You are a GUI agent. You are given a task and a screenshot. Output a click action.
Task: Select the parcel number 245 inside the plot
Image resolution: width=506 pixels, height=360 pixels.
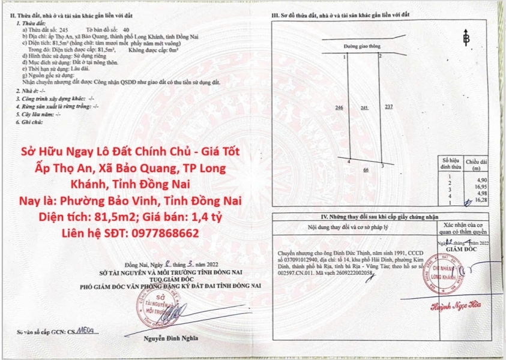(x=364, y=107)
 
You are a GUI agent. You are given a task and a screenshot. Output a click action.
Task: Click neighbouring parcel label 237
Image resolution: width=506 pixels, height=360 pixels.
(x=389, y=107)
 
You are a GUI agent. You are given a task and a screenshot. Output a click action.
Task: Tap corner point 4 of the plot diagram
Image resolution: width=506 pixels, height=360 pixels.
(x=350, y=160)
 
